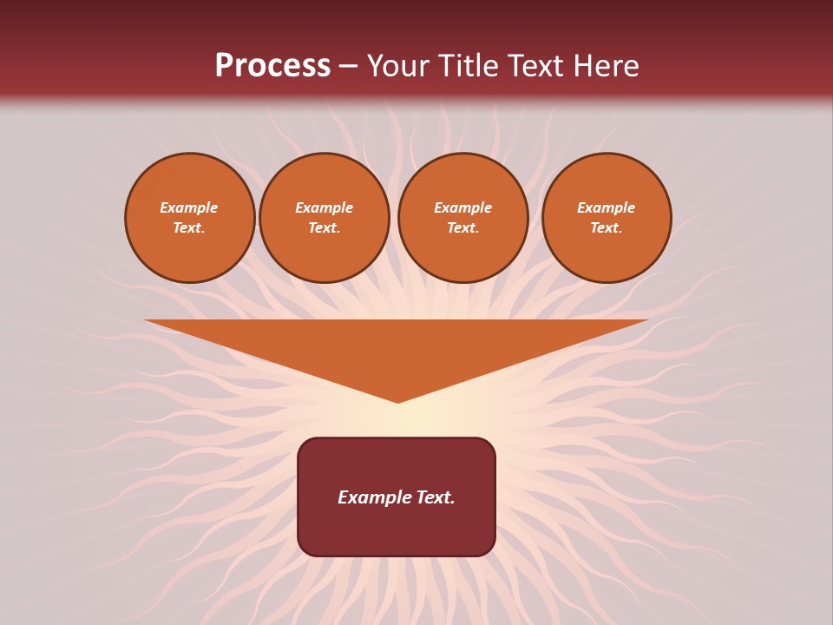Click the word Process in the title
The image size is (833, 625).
click(x=272, y=66)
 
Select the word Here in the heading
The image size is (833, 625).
click(x=606, y=66)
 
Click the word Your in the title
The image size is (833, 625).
click(x=397, y=66)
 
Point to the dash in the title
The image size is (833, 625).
click(x=348, y=67)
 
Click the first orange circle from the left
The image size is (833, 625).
click(x=190, y=218)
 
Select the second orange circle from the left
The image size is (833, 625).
click(x=325, y=218)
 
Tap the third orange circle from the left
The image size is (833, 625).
click(x=463, y=218)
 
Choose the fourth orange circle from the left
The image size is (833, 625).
click(x=607, y=218)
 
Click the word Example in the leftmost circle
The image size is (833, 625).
click(x=189, y=207)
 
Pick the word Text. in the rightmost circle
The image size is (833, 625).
click(x=607, y=228)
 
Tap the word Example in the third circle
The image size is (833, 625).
click(x=463, y=207)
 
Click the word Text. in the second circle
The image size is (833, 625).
click(x=325, y=228)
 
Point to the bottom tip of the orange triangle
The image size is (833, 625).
click(x=398, y=400)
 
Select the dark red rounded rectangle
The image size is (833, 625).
click(x=397, y=530)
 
